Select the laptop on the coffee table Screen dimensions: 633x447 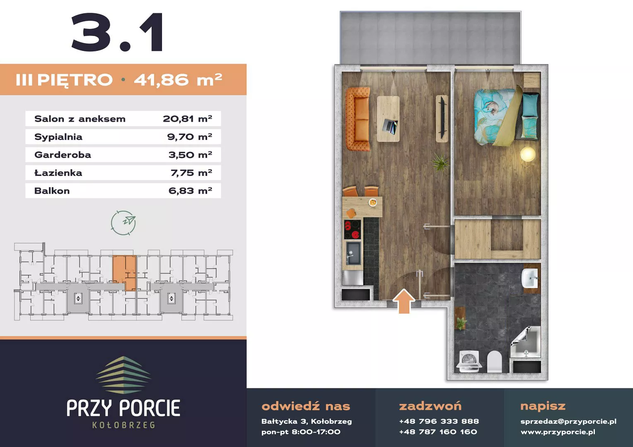(390, 126)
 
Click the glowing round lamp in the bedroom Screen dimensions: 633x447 (528, 154)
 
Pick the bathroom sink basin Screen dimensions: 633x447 (530, 278)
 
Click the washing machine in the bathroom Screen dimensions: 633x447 (469, 361)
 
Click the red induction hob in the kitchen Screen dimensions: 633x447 (353, 230)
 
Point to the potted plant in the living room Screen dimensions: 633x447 (440, 162)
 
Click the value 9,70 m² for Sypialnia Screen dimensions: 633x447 (190, 137)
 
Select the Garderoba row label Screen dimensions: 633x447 (63, 155)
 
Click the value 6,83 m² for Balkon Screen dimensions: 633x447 (190, 191)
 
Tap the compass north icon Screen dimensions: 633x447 (123, 223)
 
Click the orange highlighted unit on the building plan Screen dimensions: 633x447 (125, 272)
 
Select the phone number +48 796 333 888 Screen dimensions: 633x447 (439, 421)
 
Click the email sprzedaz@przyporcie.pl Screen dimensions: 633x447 (568, 421)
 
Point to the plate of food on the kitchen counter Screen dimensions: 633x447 (373, 202)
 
